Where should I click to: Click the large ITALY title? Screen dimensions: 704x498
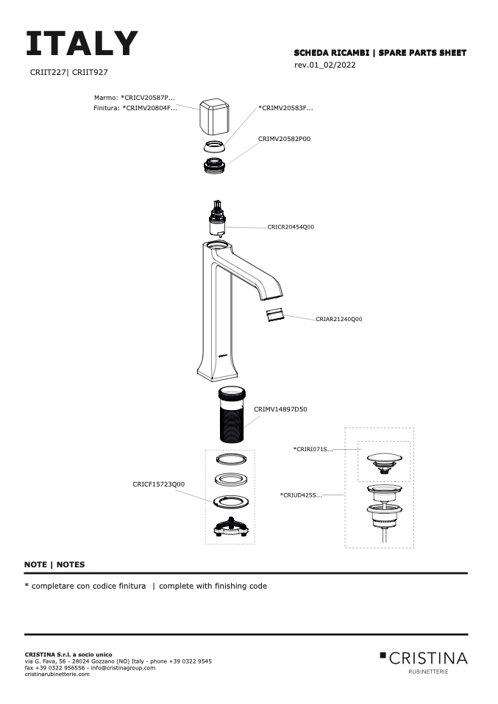click(81, 44)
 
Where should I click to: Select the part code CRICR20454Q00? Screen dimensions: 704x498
click(291, 227)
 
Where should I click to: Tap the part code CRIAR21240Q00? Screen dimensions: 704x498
click(338, 320)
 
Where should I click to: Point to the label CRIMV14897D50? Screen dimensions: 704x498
click(280, 409)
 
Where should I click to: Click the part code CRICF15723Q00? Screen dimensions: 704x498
click(158, 484)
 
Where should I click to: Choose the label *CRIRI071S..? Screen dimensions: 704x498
click(313, 448)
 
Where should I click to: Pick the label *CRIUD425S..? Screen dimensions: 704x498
click(301, 495)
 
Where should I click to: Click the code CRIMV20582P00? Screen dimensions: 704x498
click(284, 138)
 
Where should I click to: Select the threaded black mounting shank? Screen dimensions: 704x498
click(232, 414)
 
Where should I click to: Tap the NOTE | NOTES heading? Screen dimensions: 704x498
click(54, 564)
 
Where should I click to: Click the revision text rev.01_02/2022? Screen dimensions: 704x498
click(325, 65)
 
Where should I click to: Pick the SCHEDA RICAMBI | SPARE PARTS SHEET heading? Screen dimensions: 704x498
click(380, 53)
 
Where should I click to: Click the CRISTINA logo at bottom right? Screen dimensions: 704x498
click(424, 658)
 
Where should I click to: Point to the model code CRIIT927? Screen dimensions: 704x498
click(90, 73)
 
